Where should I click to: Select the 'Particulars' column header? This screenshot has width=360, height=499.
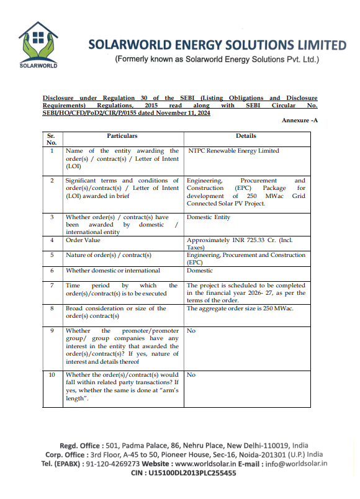(122, 135)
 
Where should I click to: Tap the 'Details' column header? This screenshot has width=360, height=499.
(246, 135)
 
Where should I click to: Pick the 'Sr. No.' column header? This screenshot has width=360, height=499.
(52, 139)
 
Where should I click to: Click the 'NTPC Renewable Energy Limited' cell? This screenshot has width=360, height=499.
(233, 151)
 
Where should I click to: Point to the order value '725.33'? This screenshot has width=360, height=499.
(250, 240)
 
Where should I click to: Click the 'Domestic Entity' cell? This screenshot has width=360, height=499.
(209, 217)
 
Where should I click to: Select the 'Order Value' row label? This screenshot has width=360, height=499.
(83, 240)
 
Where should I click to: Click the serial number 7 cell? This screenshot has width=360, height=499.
(52, 285)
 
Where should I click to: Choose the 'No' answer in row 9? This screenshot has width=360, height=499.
(191, 331)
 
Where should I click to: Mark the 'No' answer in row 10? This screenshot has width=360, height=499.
(191, 375)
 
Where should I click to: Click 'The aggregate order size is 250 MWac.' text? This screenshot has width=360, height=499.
(240, 308)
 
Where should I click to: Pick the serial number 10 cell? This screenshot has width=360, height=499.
(52, 375)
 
